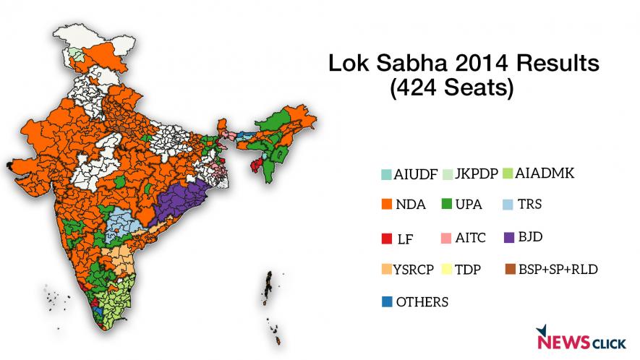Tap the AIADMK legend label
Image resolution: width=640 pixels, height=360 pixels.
coord(545,173)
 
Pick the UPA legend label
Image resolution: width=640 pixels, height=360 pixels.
coord(469,205)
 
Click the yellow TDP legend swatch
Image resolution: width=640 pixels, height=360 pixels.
coord(448,270)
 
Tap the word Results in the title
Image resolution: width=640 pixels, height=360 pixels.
coord(556,64)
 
